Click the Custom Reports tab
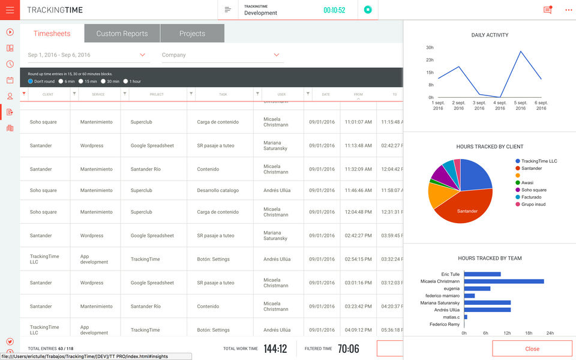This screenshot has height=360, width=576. click(122, 34)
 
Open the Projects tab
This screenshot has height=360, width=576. click(192, 34)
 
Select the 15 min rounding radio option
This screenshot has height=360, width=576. click(88, 81)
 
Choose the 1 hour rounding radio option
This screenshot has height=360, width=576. click(132, 81)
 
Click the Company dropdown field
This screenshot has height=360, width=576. click(221, 55)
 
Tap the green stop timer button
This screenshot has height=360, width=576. click(368, 10)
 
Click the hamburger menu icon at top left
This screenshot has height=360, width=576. click(10, 10)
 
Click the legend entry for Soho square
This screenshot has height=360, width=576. click(533, 190)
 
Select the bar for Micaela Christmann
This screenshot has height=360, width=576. click(504, 281)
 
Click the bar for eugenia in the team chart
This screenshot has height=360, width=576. click(477, 289)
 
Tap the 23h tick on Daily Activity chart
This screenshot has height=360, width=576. click(430, 60)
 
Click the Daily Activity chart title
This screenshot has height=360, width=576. click(490, 35)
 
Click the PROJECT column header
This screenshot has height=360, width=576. click(157, 94)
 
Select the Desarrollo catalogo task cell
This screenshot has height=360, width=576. click(218, 191)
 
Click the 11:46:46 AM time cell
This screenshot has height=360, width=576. click(358, 191)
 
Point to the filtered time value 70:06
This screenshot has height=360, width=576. click(348, 349)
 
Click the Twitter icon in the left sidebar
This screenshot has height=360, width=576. click(10, 341)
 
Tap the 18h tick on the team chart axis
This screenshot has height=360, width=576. click(529, 333)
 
